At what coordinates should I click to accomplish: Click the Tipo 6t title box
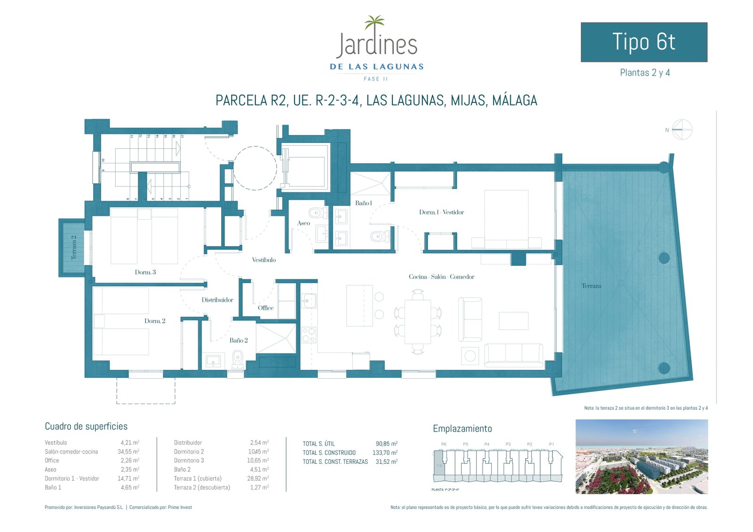pyautogui.click(x=644, y=42)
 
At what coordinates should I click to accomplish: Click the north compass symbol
pyautogui.click(x=682, y=129)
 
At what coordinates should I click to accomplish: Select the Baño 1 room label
pyautogui.click(x=363, y=203)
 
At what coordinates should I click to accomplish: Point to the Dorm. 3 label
pyautogui.click(x=145, y=272)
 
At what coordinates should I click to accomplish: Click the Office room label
pyautogui.click(x=265, y=308)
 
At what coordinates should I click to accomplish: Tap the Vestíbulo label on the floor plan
pyautogui.click(x=264, y=260)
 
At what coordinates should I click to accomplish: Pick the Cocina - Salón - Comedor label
pyautogui.click(x=441, y=277)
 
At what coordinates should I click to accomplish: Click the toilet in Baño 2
pyautogui.click(x=237, y=359)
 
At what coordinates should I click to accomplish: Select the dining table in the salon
pyautogui.click(x=418, y=322)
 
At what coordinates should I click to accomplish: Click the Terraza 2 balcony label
pyautogui.click(x=73, y=247)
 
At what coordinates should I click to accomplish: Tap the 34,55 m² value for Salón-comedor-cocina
pyautogui.click(x=129, y=452)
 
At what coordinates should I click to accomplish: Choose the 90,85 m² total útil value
pyautogui.click(x=386, y=444)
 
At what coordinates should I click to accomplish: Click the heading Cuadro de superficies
pyautogui.click(x=86, y=427)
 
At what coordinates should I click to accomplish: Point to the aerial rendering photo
pyautogui.click(x=641, y=457)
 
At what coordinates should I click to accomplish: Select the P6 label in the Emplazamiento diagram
pyautogui.click(x=444, y=444)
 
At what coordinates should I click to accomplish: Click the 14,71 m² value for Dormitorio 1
pyautogui.click(x=129, y=479)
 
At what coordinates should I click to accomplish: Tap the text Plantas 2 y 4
pyautogui.click(x=645, y=73)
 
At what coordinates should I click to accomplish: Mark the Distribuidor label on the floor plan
pyautogui.click(x=217, y=300)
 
